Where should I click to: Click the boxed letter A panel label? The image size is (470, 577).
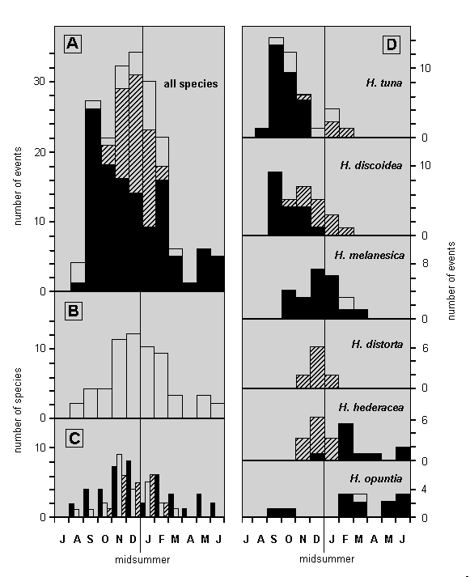pyautogui.click(x=73, y=44)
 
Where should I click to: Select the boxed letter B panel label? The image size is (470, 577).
pyautogui.click(x=73, y=311)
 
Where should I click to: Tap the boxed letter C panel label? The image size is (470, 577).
pyautogui.click(x=74, y=439)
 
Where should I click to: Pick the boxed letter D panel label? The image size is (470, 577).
pyautogui.click(x=392, y=45)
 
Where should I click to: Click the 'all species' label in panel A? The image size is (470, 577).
pyautogui.click(x=191, y=84)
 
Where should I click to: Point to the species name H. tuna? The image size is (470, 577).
pyautogui.click(x=384, y=83)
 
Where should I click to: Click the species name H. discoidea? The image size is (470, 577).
pyautogui.click(x=371, y=166)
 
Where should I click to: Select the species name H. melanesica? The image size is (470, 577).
pyautogui.click(x=370, y=255)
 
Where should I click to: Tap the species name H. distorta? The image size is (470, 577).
pyautogui.click(x=377, y=344)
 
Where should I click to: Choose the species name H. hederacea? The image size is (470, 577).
pyautogui.click(x=371, y=407)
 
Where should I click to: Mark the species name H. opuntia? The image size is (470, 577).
pyautogui.click(x=376, y=479)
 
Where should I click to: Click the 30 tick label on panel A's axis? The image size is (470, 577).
pyautogui.click(x=40, y=81)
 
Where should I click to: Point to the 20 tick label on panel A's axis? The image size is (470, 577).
pyautogui.click(x=40, y=152)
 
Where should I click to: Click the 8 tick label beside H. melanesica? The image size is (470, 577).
pyautogui.click(x=426, y=263)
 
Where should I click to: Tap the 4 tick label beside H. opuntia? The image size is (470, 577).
pyautogui.click(x=425, y=490)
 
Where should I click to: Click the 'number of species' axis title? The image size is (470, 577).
pyautogui.click(x=18, y=410)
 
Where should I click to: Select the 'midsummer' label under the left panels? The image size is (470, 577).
pyautogui.click(x=142, y=560)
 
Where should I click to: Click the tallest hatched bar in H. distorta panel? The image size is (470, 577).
pyautogui.click(x=317, y=367)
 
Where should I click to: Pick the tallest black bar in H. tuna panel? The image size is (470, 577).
pyautogui.click(x=276, y=91)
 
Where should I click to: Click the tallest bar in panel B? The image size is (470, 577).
pyautogui.click(x=133, y=376)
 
